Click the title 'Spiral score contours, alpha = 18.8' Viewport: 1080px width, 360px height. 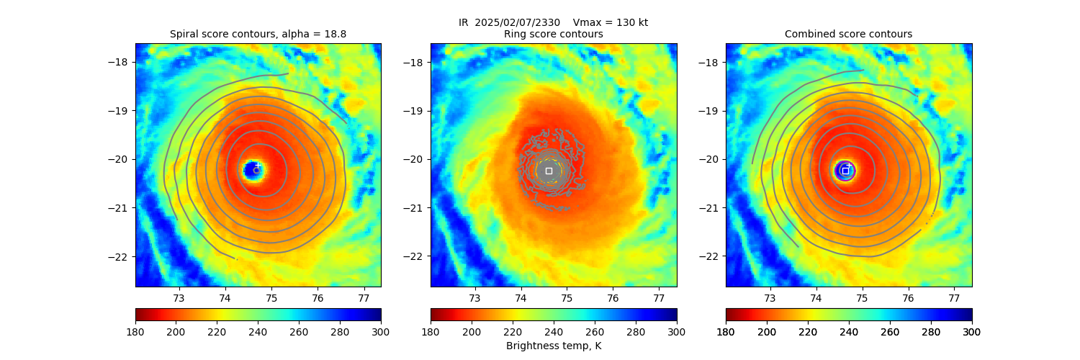(258, 34)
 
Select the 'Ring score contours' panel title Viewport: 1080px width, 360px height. (553, 34)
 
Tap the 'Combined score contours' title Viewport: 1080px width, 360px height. (848, 34)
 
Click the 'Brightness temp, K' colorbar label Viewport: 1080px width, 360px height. (553, 346)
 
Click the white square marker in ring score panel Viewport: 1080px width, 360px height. (549, 171)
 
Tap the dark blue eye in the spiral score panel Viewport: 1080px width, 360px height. (251, 170)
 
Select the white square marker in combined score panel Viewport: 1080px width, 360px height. (845, 171)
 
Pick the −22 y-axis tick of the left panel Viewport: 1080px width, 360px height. (118, 256)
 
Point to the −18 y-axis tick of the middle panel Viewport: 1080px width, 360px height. (413, 62)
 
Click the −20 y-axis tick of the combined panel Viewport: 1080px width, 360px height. (708, 159)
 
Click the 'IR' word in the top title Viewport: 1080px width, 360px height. (464, 22)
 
